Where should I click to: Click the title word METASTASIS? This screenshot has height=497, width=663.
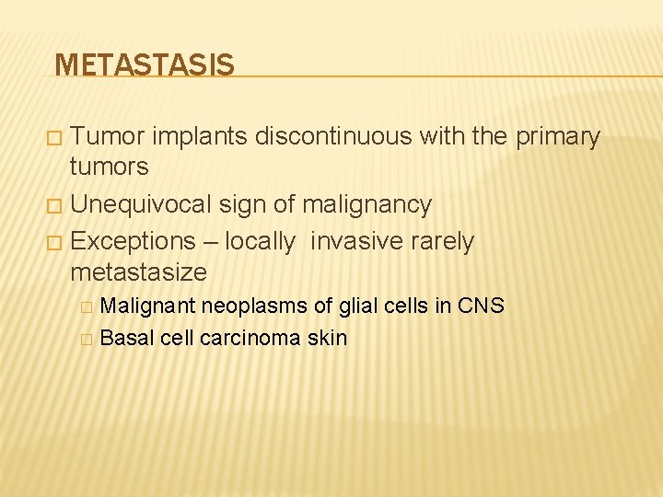pos(145,65)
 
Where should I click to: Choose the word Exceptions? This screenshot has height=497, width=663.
pos(133,242)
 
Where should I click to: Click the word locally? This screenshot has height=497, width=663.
pos(261,242)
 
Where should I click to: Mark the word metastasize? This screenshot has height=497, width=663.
pos(139,272)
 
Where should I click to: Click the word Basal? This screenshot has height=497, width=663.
pos(126,338)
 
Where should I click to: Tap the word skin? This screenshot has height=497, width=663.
pos(327,338)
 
